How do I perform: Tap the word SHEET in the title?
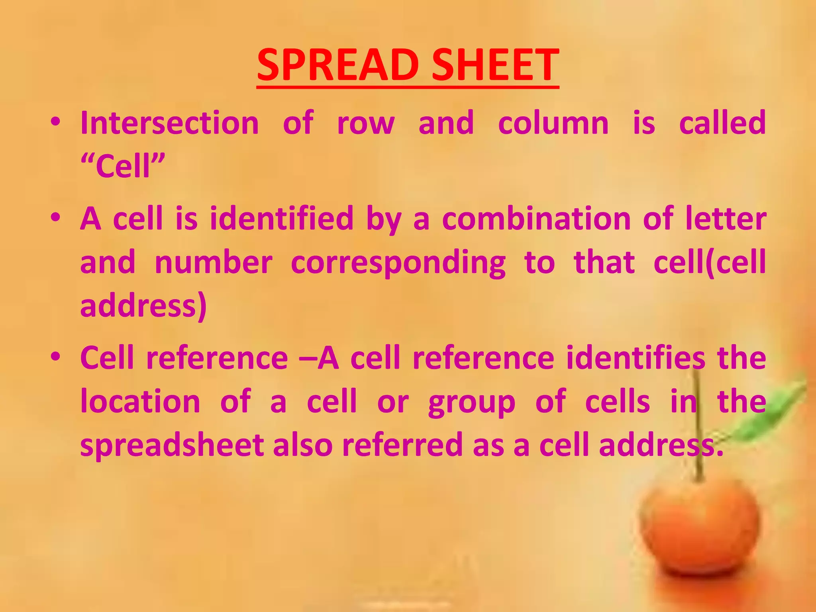[x=495, y=65]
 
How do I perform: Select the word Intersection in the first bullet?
[x=170, y=123]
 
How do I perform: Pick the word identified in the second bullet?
[x=282, y=218]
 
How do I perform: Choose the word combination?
[x=536, y=218]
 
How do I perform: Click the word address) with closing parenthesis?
[x=143, y=306]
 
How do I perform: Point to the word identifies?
[x=636, y=358]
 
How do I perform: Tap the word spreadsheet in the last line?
[x=172, y=445]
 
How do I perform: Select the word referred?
[x=402, y=445]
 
